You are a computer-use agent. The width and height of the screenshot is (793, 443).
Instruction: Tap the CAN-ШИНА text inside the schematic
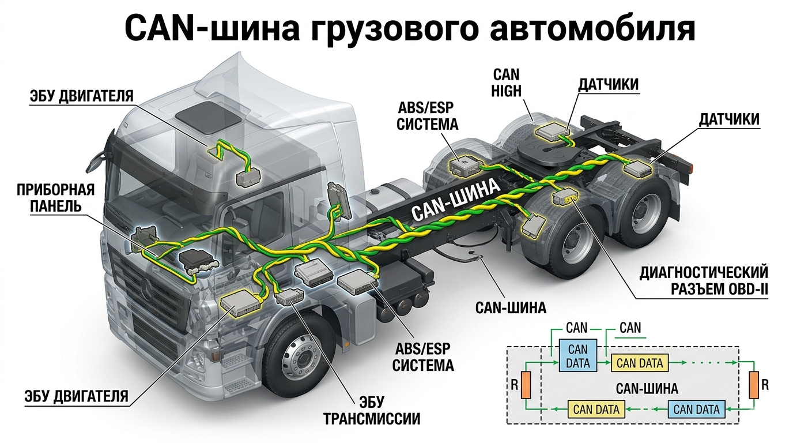[647, 388]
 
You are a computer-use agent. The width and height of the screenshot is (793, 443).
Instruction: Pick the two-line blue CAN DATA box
[578, 356]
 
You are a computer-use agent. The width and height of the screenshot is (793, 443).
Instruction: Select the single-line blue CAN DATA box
[696, 410]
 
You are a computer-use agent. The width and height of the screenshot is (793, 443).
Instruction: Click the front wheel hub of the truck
[301, 360]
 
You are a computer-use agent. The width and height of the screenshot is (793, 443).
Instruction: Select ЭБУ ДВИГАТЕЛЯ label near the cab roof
[81, 95]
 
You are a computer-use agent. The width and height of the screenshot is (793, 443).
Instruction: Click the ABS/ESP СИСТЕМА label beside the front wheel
[424, 356]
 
